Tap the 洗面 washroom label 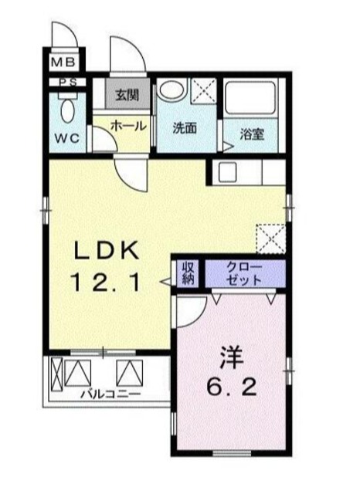pos(184,128)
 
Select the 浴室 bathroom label pos(251,134)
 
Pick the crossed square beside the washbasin pos(203,92)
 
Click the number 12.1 pos(107,283)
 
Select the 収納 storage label pos(188,272)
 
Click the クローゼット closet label pos(243,272)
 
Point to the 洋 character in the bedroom pos(231,357)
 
